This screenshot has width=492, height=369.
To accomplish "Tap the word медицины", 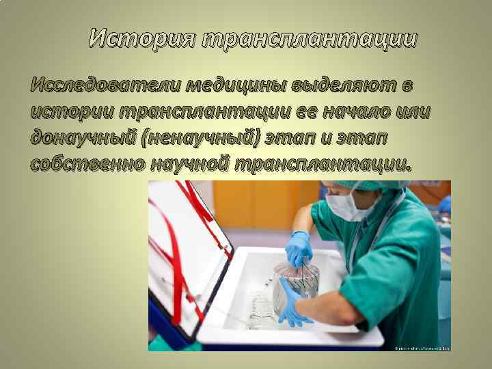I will [x=236, y=87].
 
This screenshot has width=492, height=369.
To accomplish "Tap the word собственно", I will [x=87, y=163].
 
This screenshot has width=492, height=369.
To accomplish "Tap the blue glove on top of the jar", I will [x=299, y=248].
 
